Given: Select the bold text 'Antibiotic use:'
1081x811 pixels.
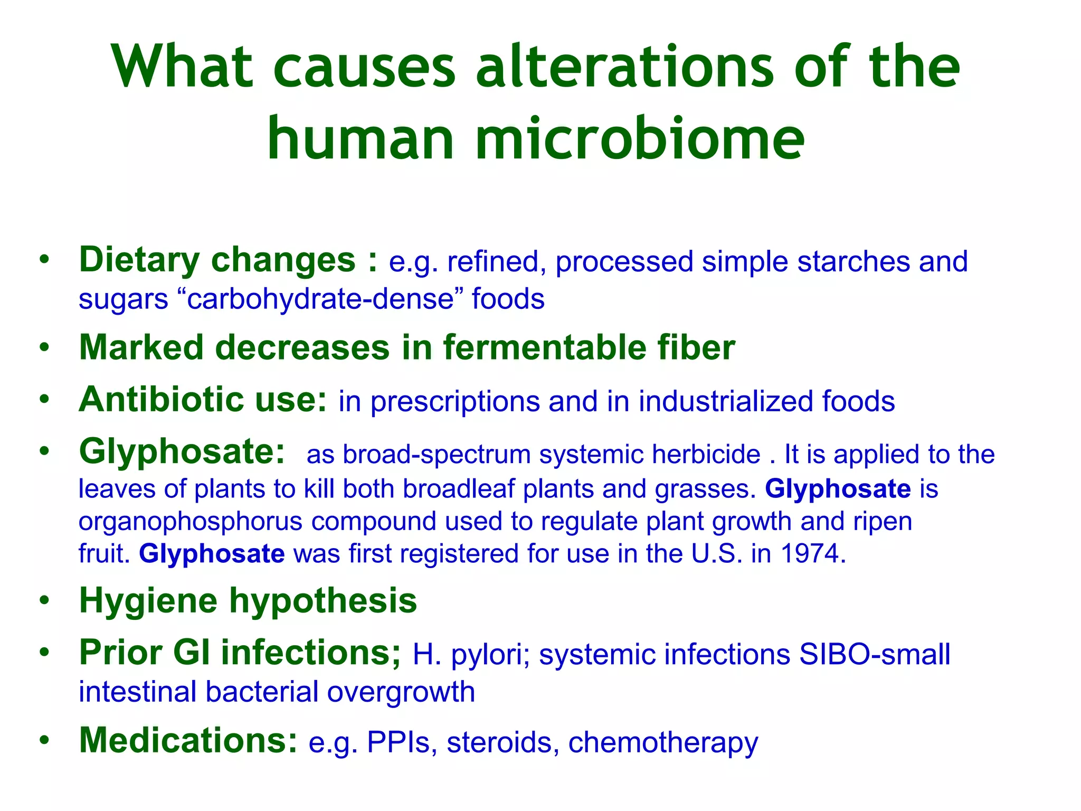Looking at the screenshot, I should [x=203, y=400].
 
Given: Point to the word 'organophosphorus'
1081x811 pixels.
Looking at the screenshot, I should [x=191, y=522].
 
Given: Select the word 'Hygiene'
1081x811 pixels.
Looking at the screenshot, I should [x=148, y=601].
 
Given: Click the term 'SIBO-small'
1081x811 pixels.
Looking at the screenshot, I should [x=875, y=655].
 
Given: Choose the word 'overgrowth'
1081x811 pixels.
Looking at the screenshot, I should [x=401, y=692].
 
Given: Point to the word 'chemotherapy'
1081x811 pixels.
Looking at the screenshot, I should [x=663, y=742].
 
